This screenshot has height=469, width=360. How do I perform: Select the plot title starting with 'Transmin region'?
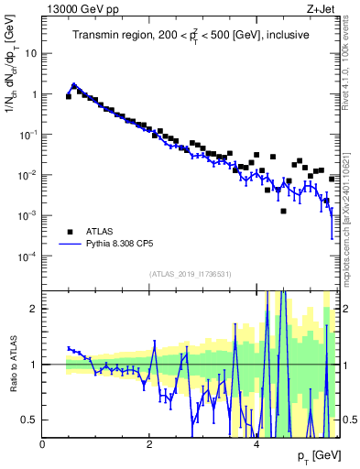[191, 35]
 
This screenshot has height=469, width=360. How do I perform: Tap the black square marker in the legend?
[71, 233]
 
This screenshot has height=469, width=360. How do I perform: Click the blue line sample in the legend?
[71, 245]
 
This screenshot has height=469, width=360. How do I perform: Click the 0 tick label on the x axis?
[43, 445]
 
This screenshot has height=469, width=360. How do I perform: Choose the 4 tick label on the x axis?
[256, 445]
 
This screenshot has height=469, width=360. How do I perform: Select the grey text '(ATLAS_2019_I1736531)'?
[191, 273]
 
